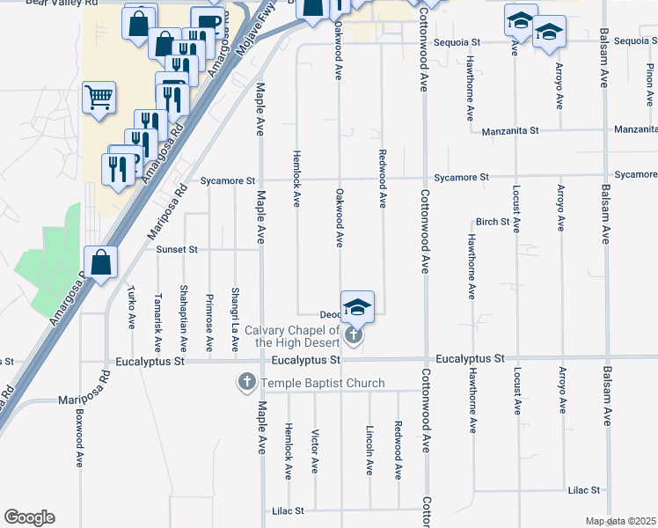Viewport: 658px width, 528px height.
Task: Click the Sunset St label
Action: [x=177, y=250]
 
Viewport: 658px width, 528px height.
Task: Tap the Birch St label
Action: [x=493, y=222]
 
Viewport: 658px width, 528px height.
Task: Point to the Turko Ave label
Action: [x=132, y=308]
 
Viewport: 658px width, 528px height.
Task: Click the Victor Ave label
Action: [x=315, y=451]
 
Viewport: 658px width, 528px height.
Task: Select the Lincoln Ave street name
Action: [x=369, y=451]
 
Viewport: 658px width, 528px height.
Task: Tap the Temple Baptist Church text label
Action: [x=322, y=383]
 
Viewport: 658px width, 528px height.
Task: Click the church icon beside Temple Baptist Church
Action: [x=246, y=383]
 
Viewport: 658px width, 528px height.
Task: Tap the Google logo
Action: [x=29, y=517]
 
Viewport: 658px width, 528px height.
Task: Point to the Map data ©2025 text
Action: [x=621, y=521]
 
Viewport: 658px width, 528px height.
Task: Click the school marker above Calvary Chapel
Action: [x=357, y=306]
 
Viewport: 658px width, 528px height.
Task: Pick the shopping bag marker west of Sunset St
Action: [x=101, y=262]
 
